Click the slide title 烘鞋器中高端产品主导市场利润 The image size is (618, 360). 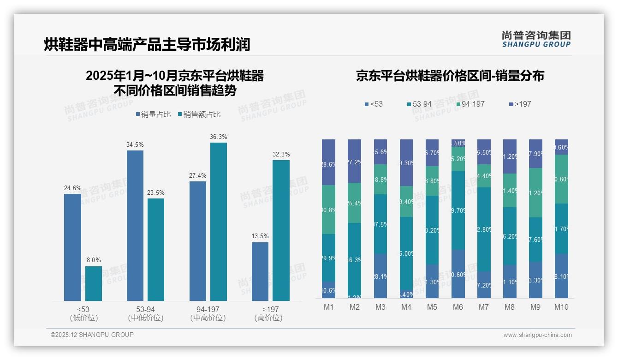click(x=147, y=45)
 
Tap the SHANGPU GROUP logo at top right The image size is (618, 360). click(x=536, y=39)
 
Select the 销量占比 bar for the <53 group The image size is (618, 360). click(x=72, y=247)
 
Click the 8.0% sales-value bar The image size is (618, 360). click(x=94, y=283)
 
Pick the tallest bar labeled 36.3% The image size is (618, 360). click(x=219, y=222)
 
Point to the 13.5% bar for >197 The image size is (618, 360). click(x=260, y=271)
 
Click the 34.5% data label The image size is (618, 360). click(x=135, y=145)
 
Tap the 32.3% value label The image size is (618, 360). click(x=281, y=155)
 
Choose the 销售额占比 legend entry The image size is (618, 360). click(x=199, y=114)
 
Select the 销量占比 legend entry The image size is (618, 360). click(x=155, y=114)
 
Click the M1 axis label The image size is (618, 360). click(x=328, y=307)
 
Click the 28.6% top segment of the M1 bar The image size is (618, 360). click(x=328, y=162)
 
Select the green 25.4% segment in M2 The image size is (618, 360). click(x=354, y=203)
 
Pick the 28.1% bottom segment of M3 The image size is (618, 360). click(x=380, y=276)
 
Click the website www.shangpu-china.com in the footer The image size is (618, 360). click(x=537, y=335)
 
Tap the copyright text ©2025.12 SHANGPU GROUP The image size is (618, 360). click(x=92, y=335)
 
